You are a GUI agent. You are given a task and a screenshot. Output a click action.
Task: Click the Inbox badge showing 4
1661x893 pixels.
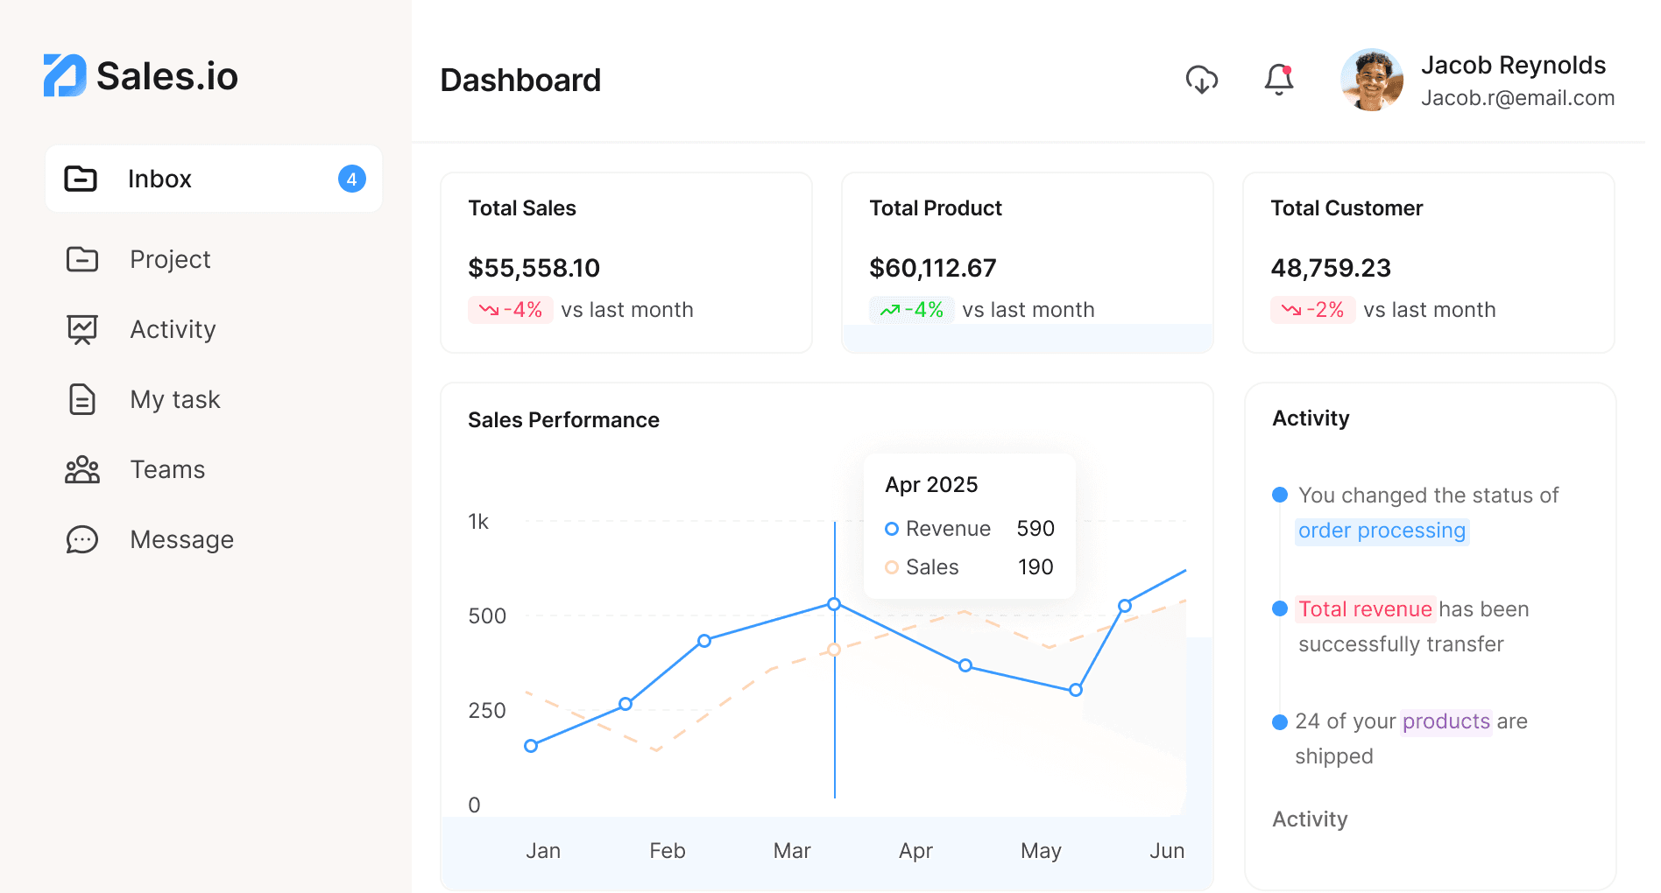(351, 179)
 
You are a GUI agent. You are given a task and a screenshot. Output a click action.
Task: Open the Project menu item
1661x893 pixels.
(170, 259)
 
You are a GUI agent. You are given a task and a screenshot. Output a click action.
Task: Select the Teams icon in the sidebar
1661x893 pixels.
(82, 469)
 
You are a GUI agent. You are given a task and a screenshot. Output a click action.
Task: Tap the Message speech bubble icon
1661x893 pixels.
(82, 539)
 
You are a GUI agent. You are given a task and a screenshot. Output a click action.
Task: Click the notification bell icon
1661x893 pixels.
(1279, 80)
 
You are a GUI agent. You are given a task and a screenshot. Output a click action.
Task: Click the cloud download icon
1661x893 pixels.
(1202, 80)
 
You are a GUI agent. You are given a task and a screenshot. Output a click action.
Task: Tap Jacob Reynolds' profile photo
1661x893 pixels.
(1372, 80)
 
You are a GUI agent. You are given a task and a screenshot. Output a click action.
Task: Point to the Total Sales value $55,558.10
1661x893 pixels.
(534, 268)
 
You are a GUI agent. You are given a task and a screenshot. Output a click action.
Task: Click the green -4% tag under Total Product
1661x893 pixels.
(911, 310)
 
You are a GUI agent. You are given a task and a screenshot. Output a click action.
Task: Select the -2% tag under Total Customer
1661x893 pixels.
(1312, 310)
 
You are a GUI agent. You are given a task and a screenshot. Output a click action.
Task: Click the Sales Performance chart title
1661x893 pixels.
(563, 420)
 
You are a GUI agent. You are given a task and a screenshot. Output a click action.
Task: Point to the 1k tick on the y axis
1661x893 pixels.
(478, 522)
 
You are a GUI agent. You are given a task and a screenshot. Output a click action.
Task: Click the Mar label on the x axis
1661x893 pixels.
(792, 851)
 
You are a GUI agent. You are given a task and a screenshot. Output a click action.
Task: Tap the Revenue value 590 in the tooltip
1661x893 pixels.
(1035, 529)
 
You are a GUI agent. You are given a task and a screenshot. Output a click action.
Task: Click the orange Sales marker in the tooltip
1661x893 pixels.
(892, 567)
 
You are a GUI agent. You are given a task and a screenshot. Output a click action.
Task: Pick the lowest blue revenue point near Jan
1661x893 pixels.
(531, 746)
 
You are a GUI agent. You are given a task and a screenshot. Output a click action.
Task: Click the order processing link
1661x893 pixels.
(1382, 531)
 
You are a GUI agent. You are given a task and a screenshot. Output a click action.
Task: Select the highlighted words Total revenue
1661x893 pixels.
(1365, 609)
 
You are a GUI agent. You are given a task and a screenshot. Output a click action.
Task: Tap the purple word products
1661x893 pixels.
(1445, 721)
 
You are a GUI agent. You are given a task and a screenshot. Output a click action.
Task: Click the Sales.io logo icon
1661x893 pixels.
(65, 75)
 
